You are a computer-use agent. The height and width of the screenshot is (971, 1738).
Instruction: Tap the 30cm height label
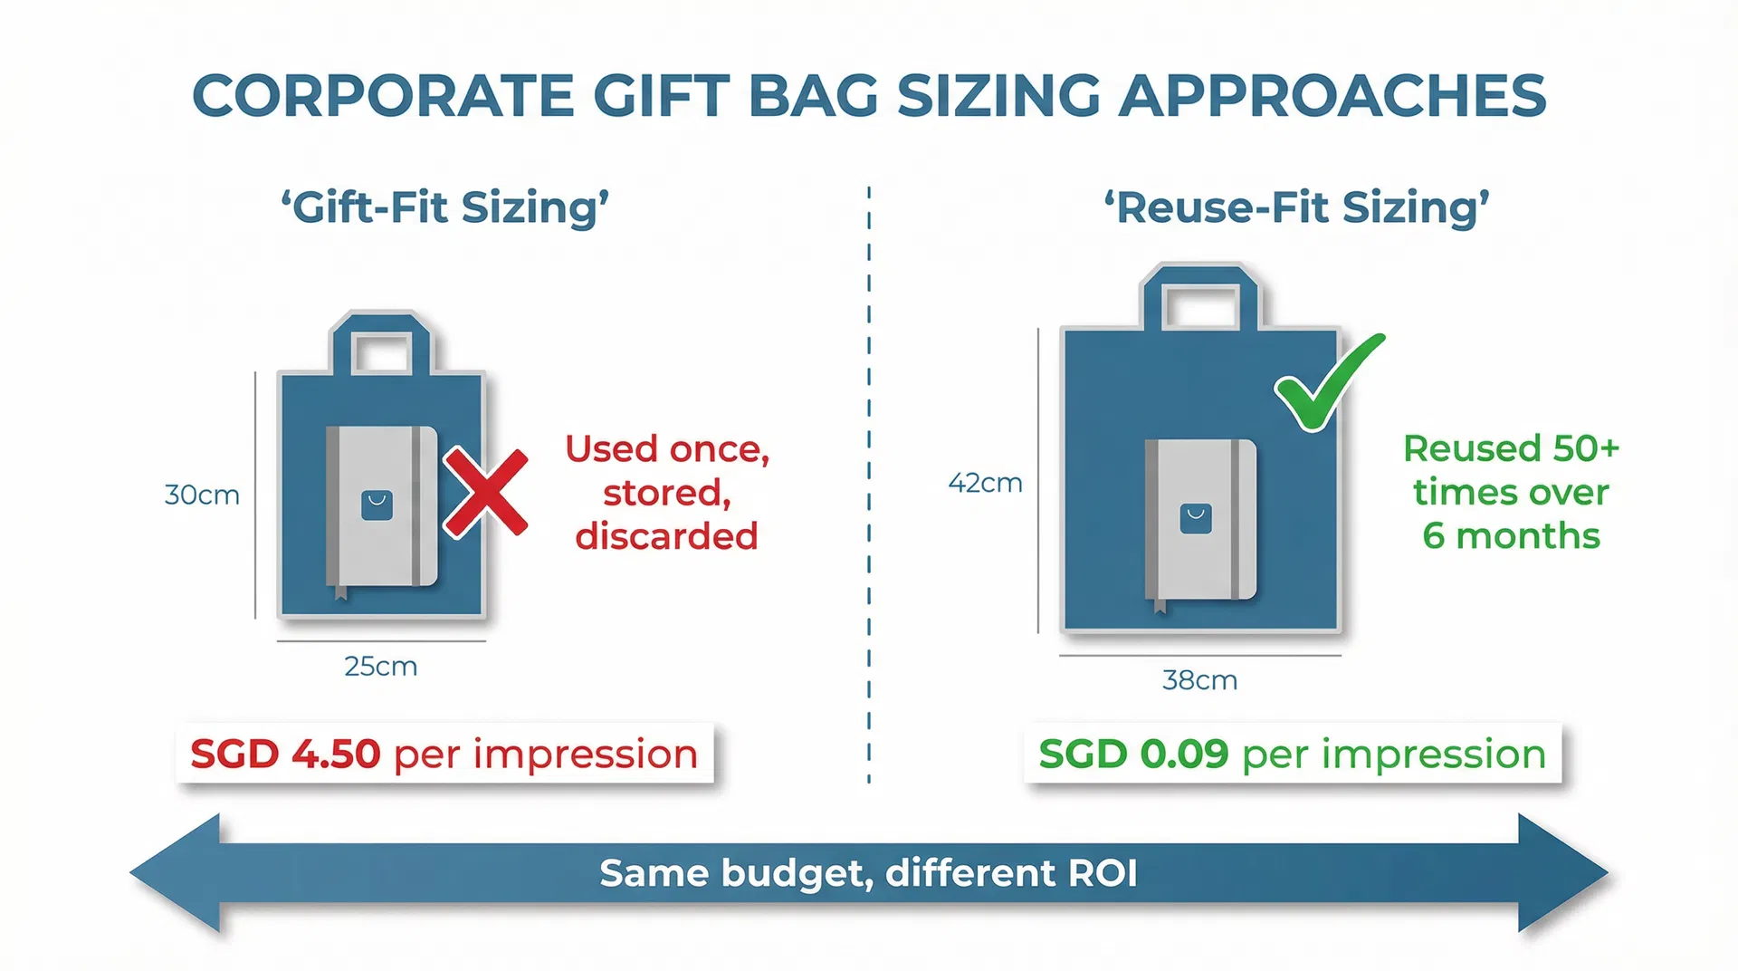pos(202,495)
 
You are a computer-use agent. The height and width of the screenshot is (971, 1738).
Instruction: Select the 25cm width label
pos(380,667)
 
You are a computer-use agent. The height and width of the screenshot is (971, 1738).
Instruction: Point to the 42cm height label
pos(985,484)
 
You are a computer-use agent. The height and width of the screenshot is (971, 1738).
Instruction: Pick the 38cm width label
pos(1199,680)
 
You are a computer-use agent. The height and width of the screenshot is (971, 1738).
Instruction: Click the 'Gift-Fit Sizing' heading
pos(444,207)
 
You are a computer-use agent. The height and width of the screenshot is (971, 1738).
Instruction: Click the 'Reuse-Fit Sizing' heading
pos(1296,207)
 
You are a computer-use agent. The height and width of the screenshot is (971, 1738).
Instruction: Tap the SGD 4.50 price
pos(285,755)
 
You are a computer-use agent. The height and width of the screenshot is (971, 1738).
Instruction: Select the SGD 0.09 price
pos(1133,755)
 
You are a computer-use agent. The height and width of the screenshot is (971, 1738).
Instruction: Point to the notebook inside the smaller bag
pos(381,506)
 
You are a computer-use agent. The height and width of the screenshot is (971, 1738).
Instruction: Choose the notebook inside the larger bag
pos(1200,520)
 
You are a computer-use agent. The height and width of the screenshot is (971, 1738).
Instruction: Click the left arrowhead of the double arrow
pos(181,873)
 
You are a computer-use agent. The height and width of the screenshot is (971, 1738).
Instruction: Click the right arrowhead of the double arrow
pos(1559,873)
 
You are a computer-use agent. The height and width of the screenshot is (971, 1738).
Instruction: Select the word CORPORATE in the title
pos(384,96)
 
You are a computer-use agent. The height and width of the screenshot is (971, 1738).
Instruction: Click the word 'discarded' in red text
pos(666,537)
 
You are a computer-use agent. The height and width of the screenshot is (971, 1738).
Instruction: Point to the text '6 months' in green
pos(1511,537)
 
